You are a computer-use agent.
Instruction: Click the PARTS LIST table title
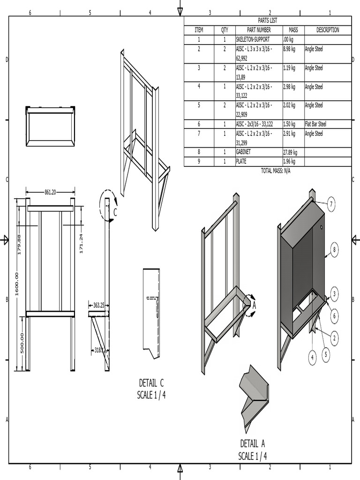click(268, 21)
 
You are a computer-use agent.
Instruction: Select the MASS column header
click(293, 30)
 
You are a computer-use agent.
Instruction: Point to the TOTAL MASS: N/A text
click(276, 171)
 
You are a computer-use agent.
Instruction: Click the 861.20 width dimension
click(50, 192)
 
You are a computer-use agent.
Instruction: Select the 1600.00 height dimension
click(17, 284)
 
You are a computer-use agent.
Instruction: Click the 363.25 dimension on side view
click(98, 305)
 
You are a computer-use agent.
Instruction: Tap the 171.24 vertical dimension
click(81, 244)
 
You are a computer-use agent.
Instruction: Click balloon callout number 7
click(331, 204)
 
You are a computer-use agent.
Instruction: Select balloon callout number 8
click(334, 250)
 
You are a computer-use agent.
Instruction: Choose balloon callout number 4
click(312, 358)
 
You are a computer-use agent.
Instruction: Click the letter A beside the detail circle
click(255, 306)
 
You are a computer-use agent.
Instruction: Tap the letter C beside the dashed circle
click(115, 212)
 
